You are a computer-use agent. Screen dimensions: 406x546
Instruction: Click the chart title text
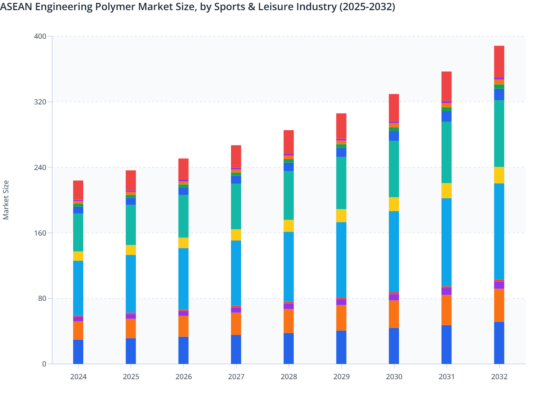coord(197,7)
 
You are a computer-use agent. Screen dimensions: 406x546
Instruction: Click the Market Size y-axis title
coord(6,200)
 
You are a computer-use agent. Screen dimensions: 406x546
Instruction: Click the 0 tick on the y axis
coord(44,364)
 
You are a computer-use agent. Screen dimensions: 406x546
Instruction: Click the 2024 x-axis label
coord(78,377)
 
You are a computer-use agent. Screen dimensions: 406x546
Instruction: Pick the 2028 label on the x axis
coord(289,377)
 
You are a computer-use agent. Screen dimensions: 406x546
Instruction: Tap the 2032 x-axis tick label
coord(499,377)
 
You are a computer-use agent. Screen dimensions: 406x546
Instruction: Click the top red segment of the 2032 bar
coord(499,62)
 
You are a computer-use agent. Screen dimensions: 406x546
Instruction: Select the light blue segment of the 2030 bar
coord(394,251)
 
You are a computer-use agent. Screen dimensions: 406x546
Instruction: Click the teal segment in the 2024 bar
coord(78,232)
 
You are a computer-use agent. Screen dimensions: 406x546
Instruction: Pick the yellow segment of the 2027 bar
coord(236,235)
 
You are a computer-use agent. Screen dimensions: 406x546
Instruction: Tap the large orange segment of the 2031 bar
coord(446,310)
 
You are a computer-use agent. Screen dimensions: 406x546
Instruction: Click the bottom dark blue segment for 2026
coord(184,350)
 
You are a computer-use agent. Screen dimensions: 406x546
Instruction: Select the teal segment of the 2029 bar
coord(341,183)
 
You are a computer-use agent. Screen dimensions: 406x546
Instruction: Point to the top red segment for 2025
coord(131,180)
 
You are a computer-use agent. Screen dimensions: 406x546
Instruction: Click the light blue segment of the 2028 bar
coord(289,266)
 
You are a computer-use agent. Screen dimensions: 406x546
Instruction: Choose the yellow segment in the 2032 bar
coord(499,175)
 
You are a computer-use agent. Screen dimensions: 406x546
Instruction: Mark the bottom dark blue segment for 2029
coord(341,347)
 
